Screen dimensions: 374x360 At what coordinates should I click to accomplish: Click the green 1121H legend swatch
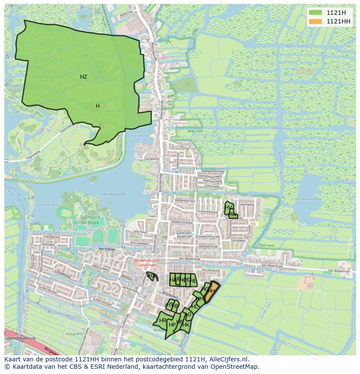tap(316, 13)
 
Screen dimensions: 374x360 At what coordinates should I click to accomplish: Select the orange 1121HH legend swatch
tap(316, 21)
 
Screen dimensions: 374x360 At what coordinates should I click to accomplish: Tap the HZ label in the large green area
tap(83, 77)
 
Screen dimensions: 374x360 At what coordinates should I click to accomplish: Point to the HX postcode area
tap(151, 275)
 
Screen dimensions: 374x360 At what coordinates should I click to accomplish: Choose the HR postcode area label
tap(163, 321)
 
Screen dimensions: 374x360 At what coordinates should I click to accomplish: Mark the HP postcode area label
tap(172, 325)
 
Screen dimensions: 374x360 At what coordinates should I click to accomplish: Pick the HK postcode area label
tap(186, 325)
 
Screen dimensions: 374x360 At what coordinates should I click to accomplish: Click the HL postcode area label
tap(195, 307)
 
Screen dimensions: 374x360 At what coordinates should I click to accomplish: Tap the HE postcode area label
tap(193, 281)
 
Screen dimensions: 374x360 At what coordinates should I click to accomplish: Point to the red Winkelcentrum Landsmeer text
tap(147, 263)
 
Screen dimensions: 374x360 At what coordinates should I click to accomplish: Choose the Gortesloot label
tap(152, 159)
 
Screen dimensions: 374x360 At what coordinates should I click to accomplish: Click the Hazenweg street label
tap(246, 204)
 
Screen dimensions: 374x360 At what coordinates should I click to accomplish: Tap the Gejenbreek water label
tap(48, 205)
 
